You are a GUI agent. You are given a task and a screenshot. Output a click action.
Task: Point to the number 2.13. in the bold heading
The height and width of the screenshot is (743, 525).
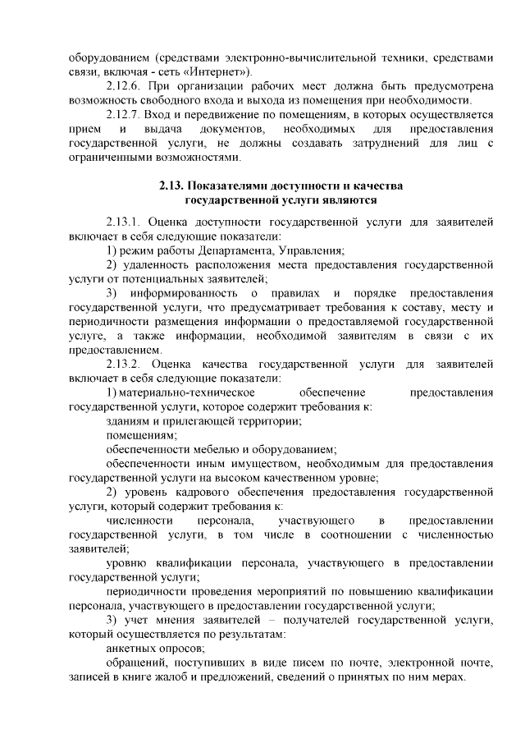pos(172,186)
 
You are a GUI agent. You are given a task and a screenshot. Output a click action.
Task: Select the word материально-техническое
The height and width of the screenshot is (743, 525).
pos(181,392)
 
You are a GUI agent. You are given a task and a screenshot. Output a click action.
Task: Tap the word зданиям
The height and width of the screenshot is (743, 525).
pos(129,420)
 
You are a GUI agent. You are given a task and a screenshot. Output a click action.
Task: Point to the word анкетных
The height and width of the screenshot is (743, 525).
pos(130,648)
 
